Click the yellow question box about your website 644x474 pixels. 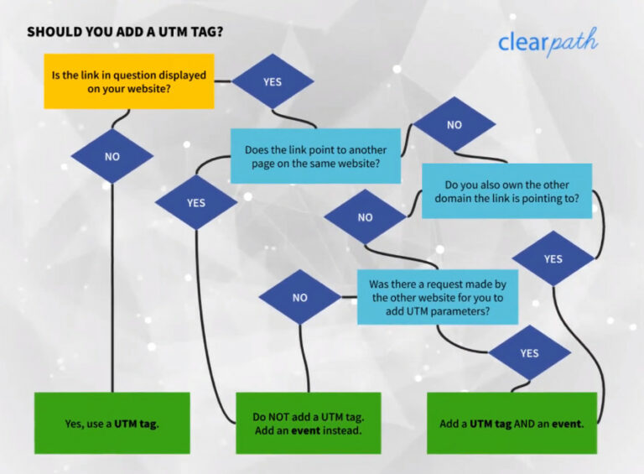click(x=128, y=81)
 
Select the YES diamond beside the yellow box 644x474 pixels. click(x=273, y=81)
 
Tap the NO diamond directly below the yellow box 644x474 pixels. click(x=112, y=156)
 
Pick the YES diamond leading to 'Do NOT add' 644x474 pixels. click(x=195, y=203)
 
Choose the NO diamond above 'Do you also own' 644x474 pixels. click(x=454, y=124)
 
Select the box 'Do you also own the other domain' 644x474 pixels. click(x=506, y=190)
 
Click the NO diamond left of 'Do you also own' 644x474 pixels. click(x=365, y=217)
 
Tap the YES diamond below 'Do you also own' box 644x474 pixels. click(x=553, y=258)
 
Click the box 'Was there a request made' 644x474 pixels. click(x=437, y=297)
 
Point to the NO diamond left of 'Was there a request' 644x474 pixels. click(x=299, y=297)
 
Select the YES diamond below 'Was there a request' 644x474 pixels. click(x=529, y=352)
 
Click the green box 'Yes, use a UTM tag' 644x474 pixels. click(x=112, y=423)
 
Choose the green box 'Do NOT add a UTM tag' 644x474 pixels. click(x=308, y=423)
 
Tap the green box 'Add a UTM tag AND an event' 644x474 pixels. click(x=512, y=423)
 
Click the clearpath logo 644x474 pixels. click(x=548, y=42)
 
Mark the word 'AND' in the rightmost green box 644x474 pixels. click(x=525, y=424)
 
